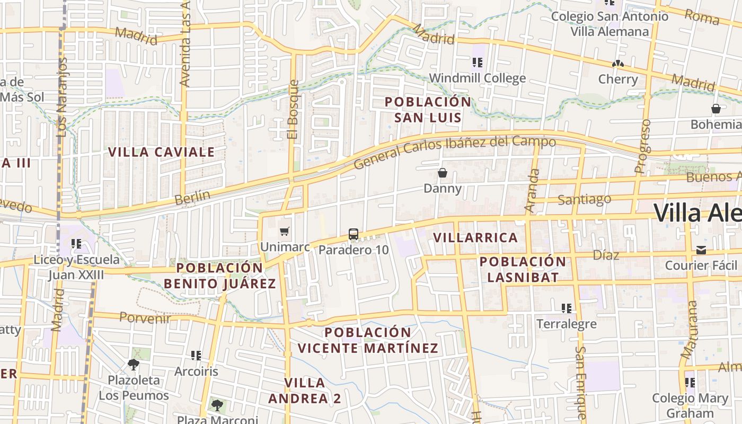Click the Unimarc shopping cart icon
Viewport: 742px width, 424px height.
coord(284,231)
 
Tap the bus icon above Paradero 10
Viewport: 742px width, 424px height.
coord(354,234)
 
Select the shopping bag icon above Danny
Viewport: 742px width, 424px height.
coord(443,173)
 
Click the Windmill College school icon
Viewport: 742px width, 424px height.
coord(478,63)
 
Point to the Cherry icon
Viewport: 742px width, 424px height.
coord(617,64)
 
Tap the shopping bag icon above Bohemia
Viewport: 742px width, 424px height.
coord(716,109)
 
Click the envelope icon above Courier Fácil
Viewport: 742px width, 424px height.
coord(701,250)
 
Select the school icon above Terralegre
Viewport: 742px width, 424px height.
coord(567,308)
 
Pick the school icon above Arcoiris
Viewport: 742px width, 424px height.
coord(196,355)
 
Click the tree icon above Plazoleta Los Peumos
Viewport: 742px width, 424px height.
coord(134,364)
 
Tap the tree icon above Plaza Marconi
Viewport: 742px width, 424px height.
coord(217,405)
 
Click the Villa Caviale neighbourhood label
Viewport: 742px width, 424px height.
coord(161,152)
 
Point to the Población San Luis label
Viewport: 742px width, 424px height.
coord(428,109)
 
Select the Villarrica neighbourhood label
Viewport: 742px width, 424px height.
coord(475,237)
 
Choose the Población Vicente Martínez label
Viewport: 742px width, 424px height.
coord(368,340)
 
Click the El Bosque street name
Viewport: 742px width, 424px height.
coord(293,110)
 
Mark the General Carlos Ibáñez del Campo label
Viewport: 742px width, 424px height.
coord(454,151)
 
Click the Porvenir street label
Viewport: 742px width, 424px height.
coord(145,317)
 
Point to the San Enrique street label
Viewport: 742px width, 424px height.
coord(581,382)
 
